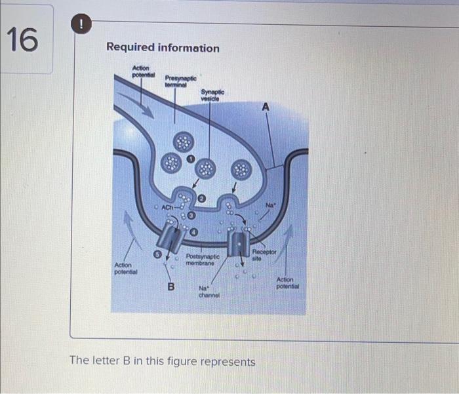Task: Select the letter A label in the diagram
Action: tap(266, 106)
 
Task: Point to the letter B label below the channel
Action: tap(171, 286)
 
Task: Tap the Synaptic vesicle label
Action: tap(212, 95)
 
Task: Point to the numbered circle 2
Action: tap(202, 197)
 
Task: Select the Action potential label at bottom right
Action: tap(287, 283)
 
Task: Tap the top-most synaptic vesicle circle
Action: tap(183, 142)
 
